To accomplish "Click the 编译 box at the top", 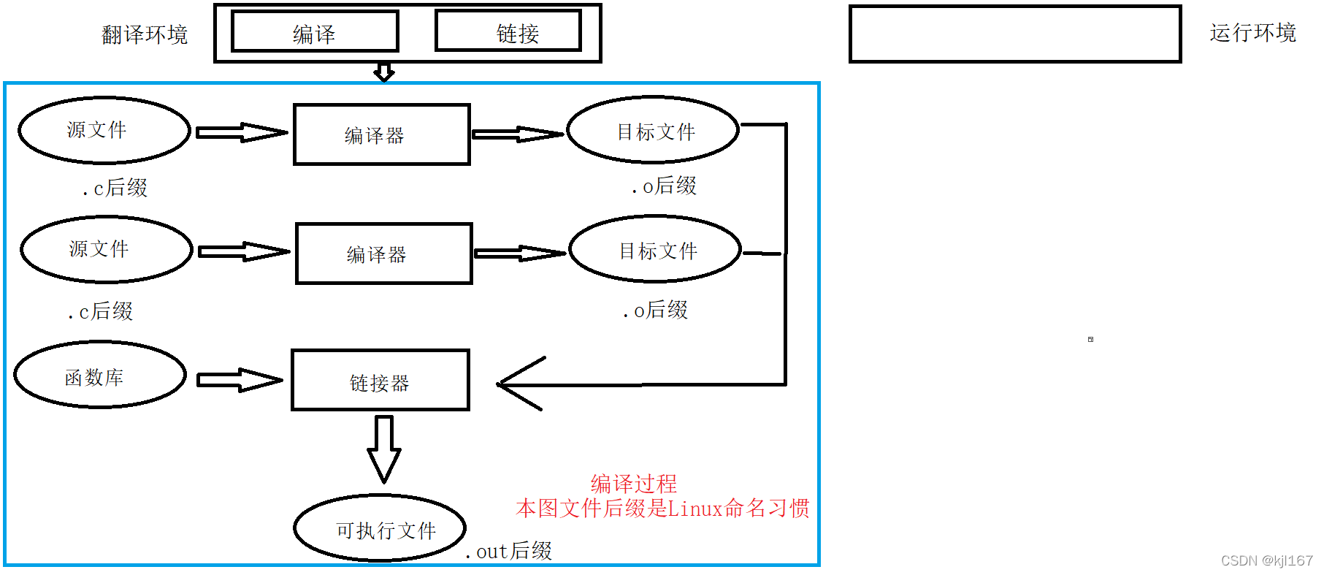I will tap(315, 32).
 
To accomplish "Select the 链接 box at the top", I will tap(508, 31).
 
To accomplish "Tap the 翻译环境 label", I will tap(145, 34).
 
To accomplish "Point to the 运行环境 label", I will tap(1252, 33).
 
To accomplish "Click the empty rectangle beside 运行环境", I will tap(1014, 34).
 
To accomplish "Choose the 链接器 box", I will tap(380, 381).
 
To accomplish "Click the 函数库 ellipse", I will tap(100, 376).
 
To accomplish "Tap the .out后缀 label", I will tap(510, 551).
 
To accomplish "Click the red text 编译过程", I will tap(633, 483).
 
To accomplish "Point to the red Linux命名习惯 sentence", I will tap(662, 508).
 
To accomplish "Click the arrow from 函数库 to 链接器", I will tap(239, 380).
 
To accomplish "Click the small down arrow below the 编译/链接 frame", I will tap(384, 72).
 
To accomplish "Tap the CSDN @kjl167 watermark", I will tap(1266, 560).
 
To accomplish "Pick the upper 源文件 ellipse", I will tap(104, 130).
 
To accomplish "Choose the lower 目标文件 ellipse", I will tap(655, 250).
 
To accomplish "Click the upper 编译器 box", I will tap(381, 134).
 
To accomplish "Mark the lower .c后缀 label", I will tap(101, 311).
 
